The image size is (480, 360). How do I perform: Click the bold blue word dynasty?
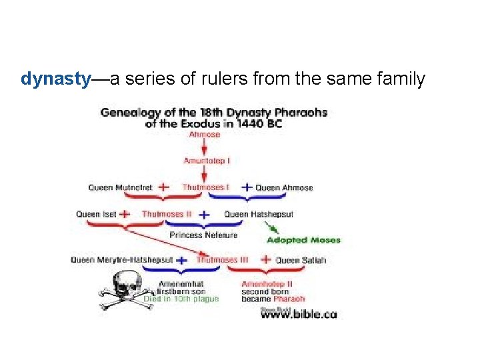pyautogui.click(x=55, y=79)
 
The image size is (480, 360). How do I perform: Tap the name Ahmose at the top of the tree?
pyautogui.click(x=205, y=135)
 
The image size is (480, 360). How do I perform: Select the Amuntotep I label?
pyautogui.click(x=206, y=161)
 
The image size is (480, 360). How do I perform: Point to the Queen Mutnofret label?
pyautogui.click(x=121, y=188)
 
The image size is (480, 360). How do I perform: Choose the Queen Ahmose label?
pyautogui.click(x=284, y=188)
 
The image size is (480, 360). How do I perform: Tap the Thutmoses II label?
pyautogui.click(x=167, y=215)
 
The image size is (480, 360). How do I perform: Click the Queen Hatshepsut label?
pyautogui.click(x=259, y=215)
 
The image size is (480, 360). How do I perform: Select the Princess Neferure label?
pyautogui.click(x=203, y=235)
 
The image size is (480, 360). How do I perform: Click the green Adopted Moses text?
pyautogui.click(x=304, y=240)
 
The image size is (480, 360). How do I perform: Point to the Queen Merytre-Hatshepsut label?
pyautogui.click(x=122, y=259)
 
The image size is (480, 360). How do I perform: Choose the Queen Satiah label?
pyautogui.click(x=301, y=260)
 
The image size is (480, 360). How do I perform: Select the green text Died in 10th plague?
pyautogui.click(x=181, y=299)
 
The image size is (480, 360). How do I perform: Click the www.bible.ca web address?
pyautogui.click(x=299, y=313)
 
